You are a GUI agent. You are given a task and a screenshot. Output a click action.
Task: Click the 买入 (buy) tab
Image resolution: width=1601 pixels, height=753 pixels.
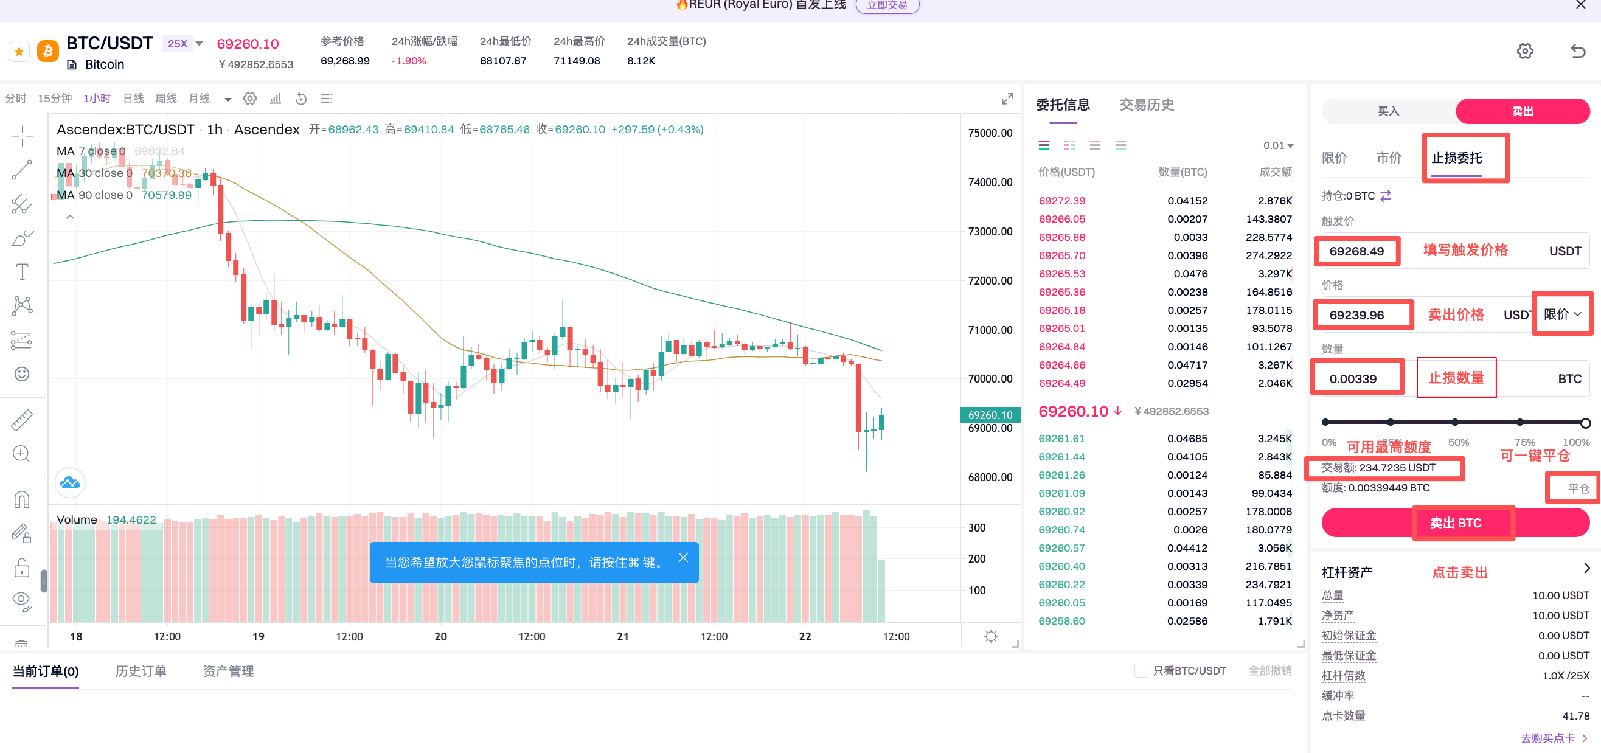point(1388,111)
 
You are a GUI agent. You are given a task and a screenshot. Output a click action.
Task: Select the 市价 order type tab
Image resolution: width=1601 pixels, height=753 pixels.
point(1389,158)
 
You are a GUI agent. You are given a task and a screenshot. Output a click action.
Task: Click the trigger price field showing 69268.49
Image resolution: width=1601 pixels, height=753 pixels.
point(1356,251)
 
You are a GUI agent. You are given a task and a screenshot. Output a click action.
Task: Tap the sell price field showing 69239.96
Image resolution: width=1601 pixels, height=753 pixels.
point(1356,315)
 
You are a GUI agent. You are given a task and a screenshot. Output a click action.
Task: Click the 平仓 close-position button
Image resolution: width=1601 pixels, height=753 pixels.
point(1578,489)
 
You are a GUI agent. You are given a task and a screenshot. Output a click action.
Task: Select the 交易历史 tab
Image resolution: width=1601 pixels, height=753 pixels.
point(1146,105)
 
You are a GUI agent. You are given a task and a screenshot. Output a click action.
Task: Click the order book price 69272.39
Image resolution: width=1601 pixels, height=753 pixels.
point(1061,201)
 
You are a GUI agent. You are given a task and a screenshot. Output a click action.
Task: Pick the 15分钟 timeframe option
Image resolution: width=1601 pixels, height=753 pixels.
point(55,99)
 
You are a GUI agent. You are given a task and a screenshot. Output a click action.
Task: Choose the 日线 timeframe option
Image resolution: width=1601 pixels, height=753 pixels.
point(133,99)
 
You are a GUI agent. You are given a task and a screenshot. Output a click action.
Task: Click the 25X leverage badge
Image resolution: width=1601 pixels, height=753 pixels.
point(178,44)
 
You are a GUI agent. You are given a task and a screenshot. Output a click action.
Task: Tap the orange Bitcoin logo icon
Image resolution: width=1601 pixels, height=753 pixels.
point(48,51)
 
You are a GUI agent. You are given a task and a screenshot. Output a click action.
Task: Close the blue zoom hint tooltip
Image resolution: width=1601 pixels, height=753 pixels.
point(683,557)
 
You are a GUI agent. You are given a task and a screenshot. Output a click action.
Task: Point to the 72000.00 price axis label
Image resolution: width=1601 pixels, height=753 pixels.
point(990,281)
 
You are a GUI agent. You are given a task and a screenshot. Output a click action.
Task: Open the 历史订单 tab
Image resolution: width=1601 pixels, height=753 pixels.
point(141,671)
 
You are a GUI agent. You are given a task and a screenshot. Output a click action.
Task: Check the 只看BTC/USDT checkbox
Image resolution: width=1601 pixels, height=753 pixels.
point(1140,671)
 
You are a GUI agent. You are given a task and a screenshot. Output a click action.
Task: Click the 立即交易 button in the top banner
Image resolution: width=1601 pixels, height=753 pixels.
point(887,5)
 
